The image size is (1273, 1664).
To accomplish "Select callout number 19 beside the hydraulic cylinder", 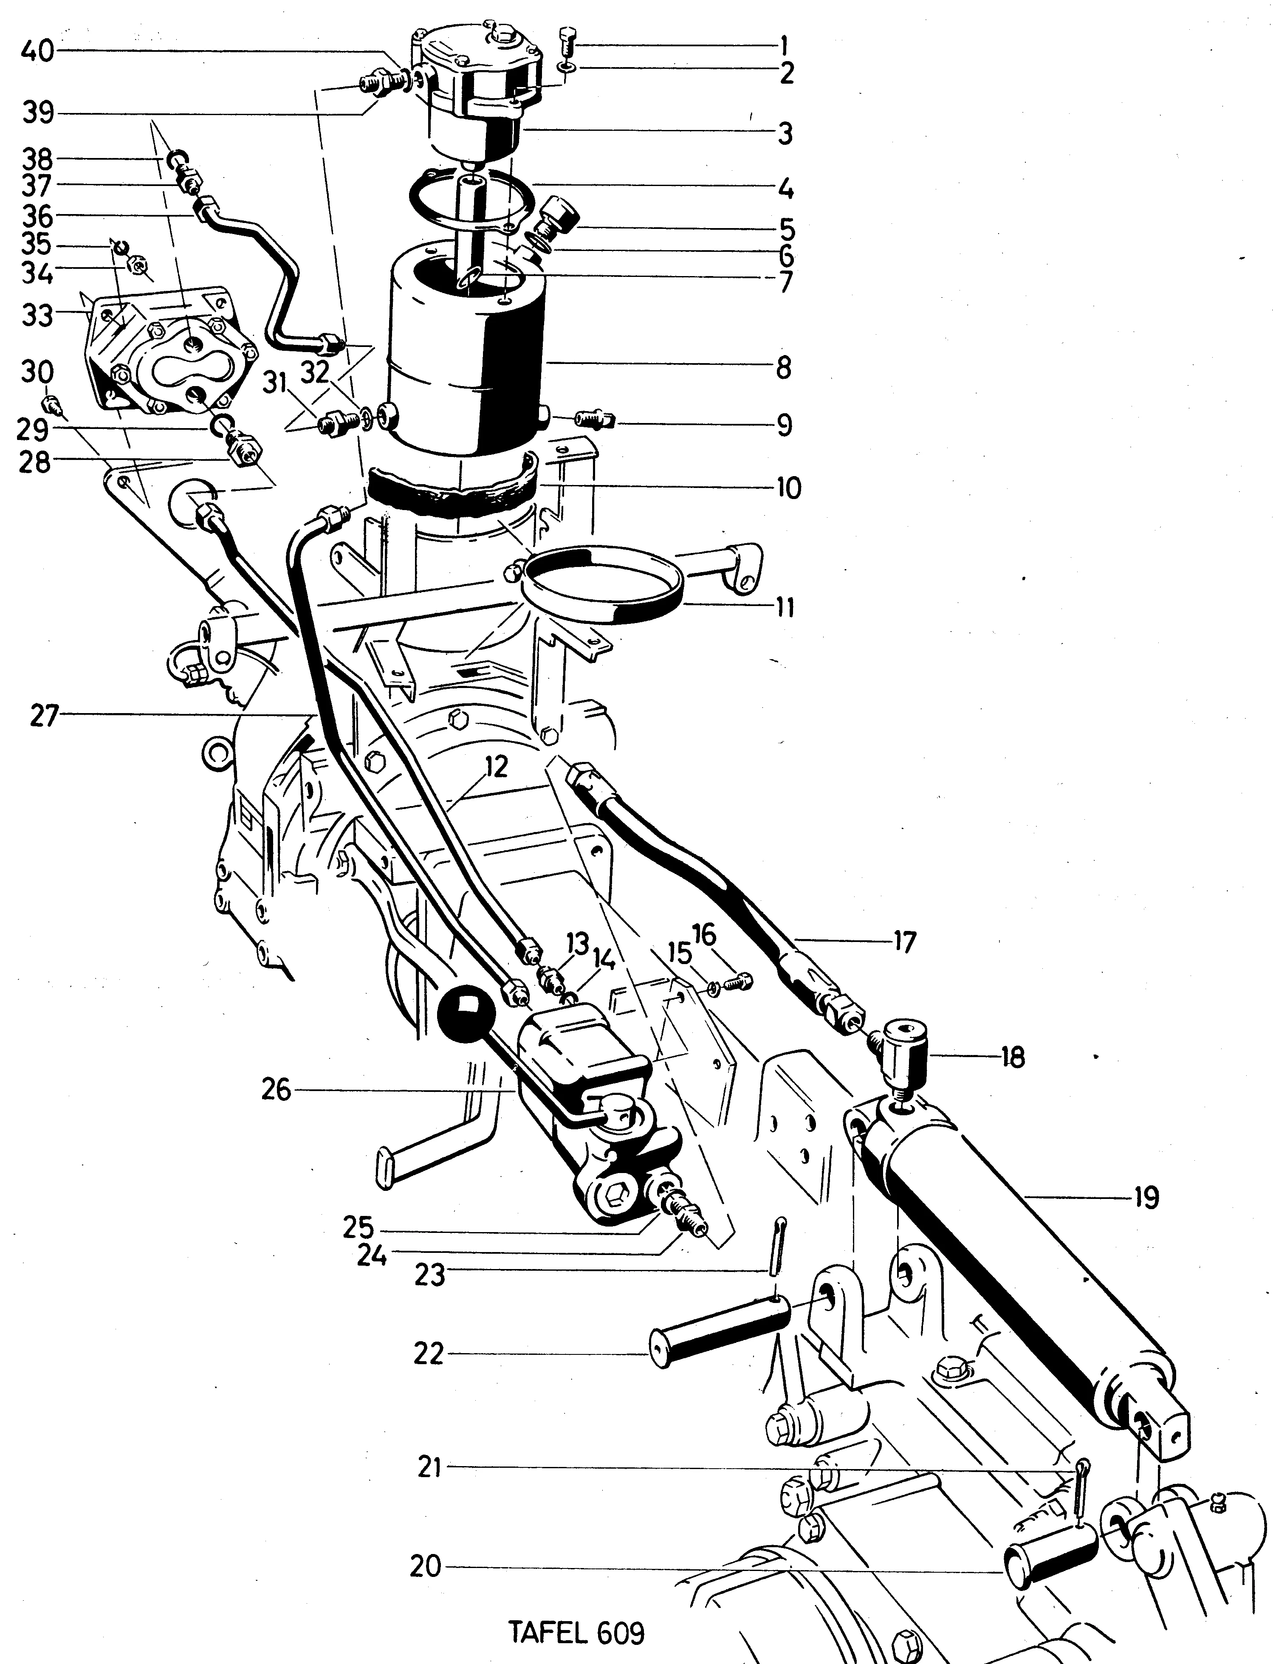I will coord(1146,1199).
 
